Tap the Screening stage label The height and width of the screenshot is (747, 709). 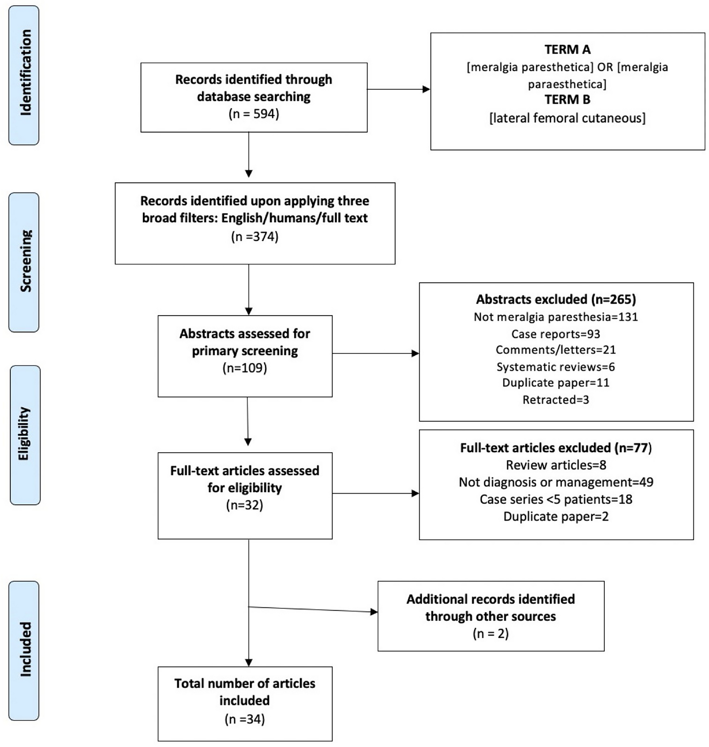(24, 262)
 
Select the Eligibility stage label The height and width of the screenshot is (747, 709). (24, 434)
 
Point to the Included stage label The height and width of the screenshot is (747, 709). (24, 650)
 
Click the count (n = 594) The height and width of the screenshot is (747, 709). (254, 114)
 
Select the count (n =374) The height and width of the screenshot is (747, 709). (255, 236)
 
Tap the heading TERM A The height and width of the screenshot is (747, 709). (567, 49)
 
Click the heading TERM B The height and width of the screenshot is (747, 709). (567, 100)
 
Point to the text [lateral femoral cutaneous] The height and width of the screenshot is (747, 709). (567, 118)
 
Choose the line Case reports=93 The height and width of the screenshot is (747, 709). (555, 334)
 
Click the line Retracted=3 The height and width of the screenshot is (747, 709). (555, 400)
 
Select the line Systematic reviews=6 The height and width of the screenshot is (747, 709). (555, 367)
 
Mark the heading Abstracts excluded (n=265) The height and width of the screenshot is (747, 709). (555, 299)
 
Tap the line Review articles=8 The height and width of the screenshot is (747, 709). (555, 465)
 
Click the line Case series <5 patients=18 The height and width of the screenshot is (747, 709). (555, 499)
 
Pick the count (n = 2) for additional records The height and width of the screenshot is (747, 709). (490, 633)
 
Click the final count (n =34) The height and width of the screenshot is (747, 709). (244, 719)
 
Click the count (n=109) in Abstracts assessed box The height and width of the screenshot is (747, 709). (244, 368)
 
